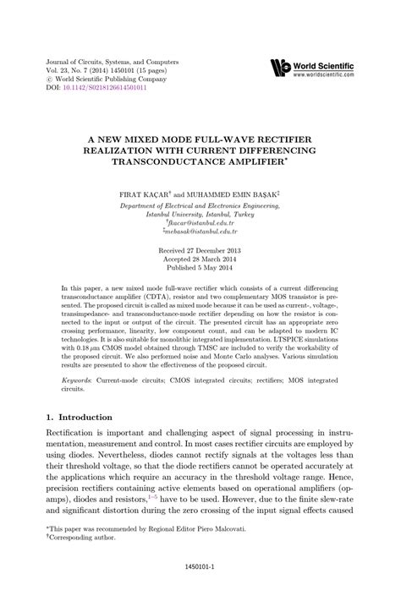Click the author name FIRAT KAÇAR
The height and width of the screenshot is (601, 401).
[148, 194]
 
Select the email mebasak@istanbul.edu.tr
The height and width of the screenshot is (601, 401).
[200, 233]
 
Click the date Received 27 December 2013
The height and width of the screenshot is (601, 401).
[200, 252]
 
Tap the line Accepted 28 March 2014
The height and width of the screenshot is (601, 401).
[200, 261]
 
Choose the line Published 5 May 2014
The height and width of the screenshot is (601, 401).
[200, 270]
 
